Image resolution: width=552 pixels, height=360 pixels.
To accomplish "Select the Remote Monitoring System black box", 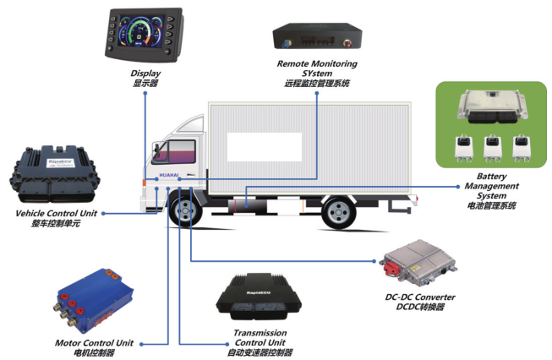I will point(317,38).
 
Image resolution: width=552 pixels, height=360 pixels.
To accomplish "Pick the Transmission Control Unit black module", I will point(259,297).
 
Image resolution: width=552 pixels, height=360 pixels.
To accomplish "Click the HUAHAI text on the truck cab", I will point(167,176).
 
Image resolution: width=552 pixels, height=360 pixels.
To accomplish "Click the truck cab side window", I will point(173,154).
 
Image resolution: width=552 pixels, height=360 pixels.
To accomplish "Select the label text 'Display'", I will point(145,74).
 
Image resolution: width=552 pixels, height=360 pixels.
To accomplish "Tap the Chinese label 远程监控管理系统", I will point(317,85).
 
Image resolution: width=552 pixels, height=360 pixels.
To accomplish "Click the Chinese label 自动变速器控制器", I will point(259,352).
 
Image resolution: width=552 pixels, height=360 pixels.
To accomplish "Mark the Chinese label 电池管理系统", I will point(490,206).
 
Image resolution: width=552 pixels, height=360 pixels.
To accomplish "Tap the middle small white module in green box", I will point(491,149).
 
